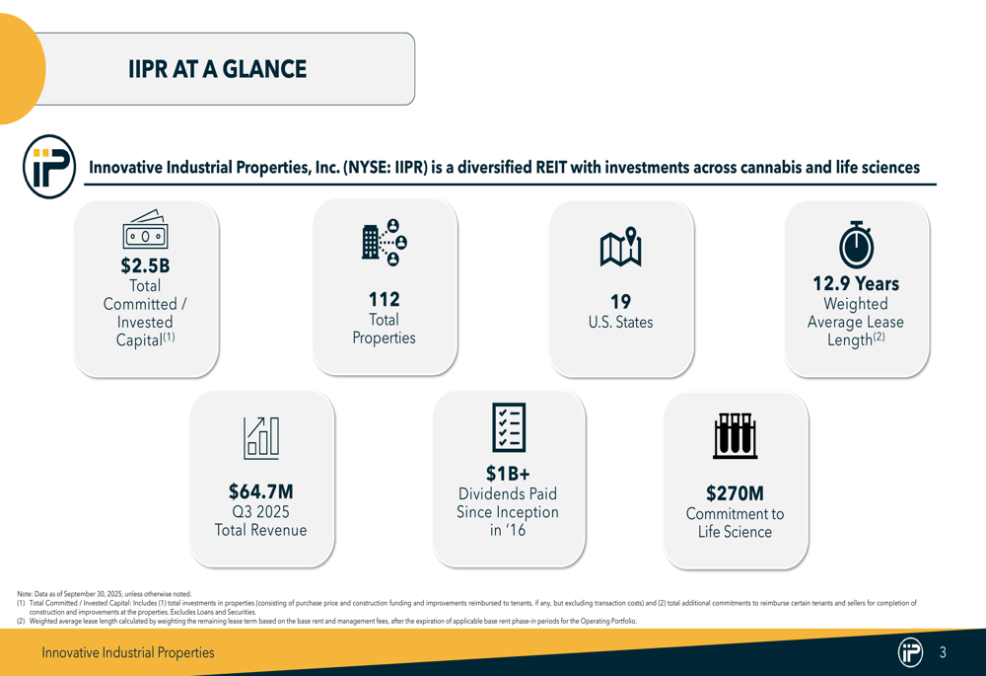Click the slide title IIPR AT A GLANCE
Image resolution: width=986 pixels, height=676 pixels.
(217, 69)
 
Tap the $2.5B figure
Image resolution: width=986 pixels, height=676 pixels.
(145, 265)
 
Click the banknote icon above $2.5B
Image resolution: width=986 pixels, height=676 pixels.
(146, 232)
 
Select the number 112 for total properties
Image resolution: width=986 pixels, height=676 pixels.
(384, 299)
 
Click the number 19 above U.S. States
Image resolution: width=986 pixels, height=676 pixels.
(620, 301)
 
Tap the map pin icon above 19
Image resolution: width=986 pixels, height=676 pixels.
(620, 247)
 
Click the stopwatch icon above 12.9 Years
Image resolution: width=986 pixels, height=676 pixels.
(855, 243)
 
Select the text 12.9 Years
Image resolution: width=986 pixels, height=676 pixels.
(855, 283)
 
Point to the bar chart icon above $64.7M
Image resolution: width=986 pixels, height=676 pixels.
(261, 437)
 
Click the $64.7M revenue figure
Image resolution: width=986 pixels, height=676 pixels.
(260, 491)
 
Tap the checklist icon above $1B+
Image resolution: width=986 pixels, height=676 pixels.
(509, 427)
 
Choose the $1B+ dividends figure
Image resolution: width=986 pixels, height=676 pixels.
(508, 474)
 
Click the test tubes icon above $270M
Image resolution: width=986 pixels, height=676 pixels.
(735, 435)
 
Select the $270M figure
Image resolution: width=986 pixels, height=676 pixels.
(735, 492)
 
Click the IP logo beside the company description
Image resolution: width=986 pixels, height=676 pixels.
(48, 166)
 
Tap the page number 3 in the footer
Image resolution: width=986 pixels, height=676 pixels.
(943, 652)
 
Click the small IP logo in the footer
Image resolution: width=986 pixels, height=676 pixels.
(910, 652)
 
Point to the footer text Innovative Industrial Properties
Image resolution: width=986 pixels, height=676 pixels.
(127, 652)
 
